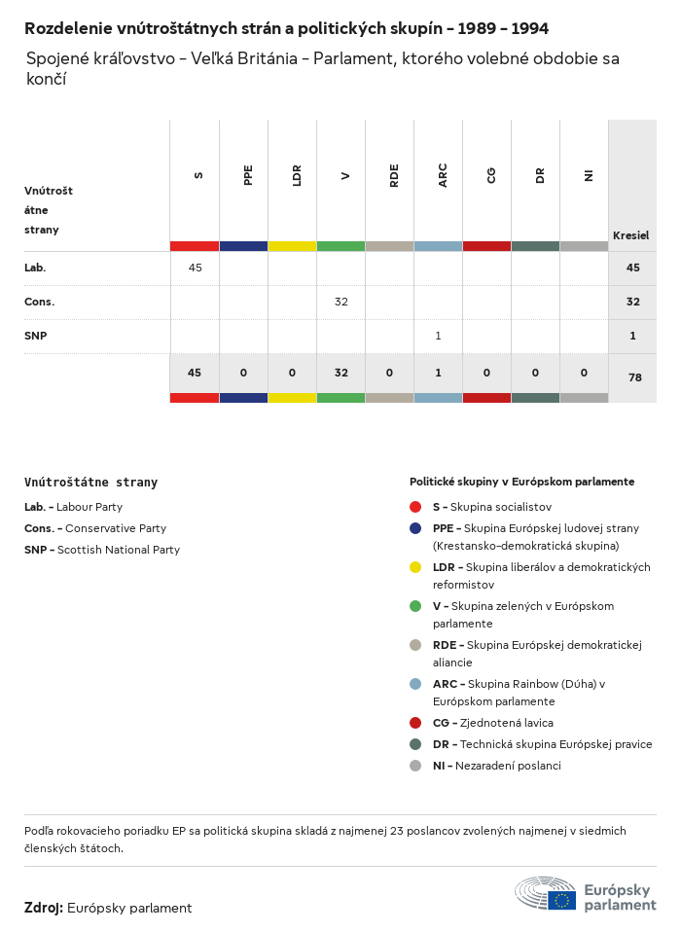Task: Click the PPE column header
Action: [x=248, y=175]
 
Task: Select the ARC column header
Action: [x=443, y=175]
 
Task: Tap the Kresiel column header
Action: [x=630, y=235]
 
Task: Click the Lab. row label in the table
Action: [x=35, y=268]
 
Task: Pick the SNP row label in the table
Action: [x=36, y=336]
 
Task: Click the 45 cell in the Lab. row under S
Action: [x=195, y=268]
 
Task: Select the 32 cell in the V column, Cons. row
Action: [x=340, y=302]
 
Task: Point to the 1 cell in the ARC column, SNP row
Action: [x=438, y=336]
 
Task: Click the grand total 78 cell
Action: [x=634, y=376]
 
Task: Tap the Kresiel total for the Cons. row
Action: [x=632, y=302]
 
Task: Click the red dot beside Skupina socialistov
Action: [x=415, y=507]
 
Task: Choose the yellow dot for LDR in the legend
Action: [x=415, y=567]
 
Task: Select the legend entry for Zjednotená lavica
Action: [x=492, y=723]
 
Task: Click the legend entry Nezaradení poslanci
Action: [x=496, y=766]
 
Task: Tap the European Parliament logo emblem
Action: [x=546, y=893]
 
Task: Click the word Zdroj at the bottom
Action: [x=44, y=908]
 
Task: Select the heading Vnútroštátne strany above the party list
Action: [x=90, y=482]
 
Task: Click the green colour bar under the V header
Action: [x=340, y=246]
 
